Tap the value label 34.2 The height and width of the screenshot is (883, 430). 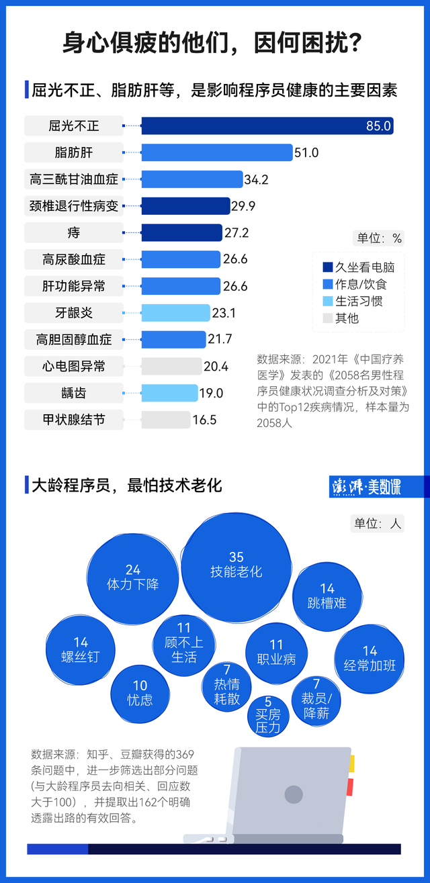coord(256,179)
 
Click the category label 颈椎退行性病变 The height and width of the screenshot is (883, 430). coord(74,206)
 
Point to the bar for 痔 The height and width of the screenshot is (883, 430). coord(181,232)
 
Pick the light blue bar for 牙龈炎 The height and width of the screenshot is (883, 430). coord(175,313)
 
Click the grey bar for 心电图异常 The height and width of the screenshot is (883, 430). coord(171,367)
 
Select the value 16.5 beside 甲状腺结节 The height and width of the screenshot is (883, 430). coord(204,420)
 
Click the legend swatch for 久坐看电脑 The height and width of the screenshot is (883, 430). coord(327,267)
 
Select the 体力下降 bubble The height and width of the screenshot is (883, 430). coord(133,577)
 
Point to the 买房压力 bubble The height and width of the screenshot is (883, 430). coord(268,715)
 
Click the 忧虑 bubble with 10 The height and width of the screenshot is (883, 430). coord(140,692)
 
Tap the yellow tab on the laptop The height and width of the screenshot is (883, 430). coord(351,763)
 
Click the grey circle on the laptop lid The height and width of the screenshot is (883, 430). coord(294,795)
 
